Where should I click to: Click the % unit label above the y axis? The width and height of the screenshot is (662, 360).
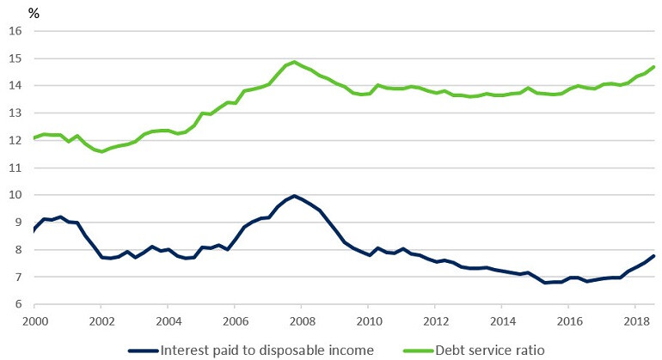coord(34,13)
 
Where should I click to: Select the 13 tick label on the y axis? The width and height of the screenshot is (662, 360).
coord(15,113)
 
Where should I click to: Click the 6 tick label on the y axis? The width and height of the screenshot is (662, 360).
coord(17,303)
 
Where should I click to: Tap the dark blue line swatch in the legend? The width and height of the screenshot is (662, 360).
coord(144,350)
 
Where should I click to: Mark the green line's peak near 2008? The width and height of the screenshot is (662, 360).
coord(294,62)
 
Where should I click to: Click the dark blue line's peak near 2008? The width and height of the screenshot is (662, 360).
coord(294,196)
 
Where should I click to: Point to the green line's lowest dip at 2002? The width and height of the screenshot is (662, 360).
coord(102,151)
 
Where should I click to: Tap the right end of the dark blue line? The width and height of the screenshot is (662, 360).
coord(655,255)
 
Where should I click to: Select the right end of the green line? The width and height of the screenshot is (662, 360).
coord(655,67)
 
